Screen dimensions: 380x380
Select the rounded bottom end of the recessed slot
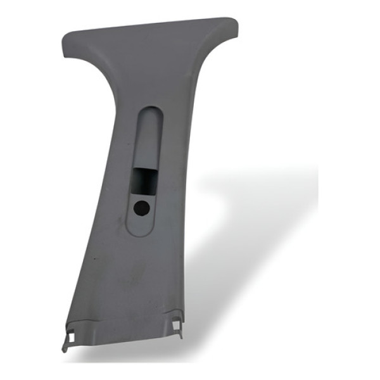(x=141, y=228)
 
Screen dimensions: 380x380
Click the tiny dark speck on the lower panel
(x=93, y=260)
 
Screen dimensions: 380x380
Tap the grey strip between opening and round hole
(x=144, y=196)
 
